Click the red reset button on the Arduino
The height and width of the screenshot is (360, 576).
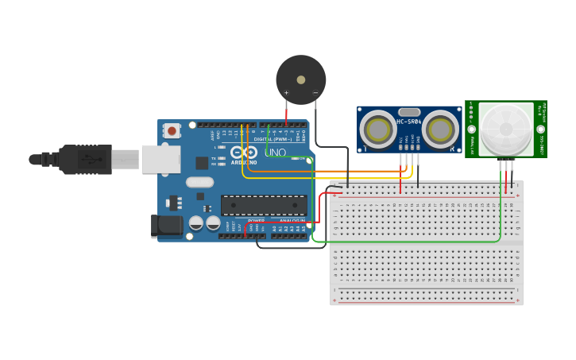point(172,131)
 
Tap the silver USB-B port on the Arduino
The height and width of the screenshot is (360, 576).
point(160,159)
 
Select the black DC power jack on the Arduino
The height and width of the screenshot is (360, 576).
point(167,226)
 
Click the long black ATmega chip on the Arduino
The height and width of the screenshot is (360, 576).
point(263,205)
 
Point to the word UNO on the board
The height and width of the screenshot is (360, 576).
point(275,152)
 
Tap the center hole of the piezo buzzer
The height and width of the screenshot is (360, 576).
point(300,79)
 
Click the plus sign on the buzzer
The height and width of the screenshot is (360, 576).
point(286,93)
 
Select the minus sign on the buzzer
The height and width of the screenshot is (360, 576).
point(315,93)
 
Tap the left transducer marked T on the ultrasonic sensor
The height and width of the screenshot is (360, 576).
point(379,129)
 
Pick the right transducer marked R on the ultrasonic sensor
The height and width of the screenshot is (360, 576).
point(439,129)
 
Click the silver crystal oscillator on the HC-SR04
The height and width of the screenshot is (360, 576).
point(408,112)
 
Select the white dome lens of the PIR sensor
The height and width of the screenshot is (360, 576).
point(506,129)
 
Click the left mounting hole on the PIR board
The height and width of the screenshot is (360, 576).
point(472,129)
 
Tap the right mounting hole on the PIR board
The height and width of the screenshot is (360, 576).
point(540,129)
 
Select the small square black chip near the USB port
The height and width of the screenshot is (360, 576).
point(202,162)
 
